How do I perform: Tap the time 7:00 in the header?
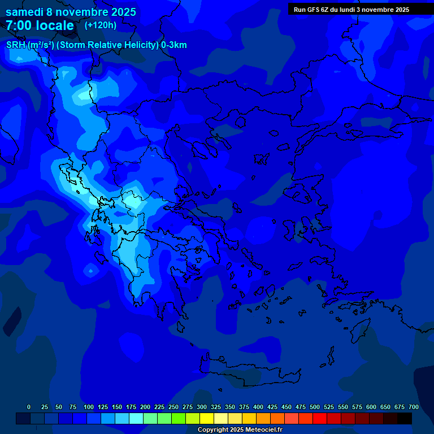18,25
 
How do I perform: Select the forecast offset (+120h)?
101,25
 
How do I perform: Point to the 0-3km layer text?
174,45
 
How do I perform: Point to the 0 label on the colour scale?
29,407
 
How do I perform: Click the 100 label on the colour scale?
89,407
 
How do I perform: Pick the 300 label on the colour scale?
202,407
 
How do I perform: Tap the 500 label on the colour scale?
315,407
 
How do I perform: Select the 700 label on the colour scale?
414,407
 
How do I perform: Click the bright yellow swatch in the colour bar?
207,418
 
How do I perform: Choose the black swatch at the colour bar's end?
405,418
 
